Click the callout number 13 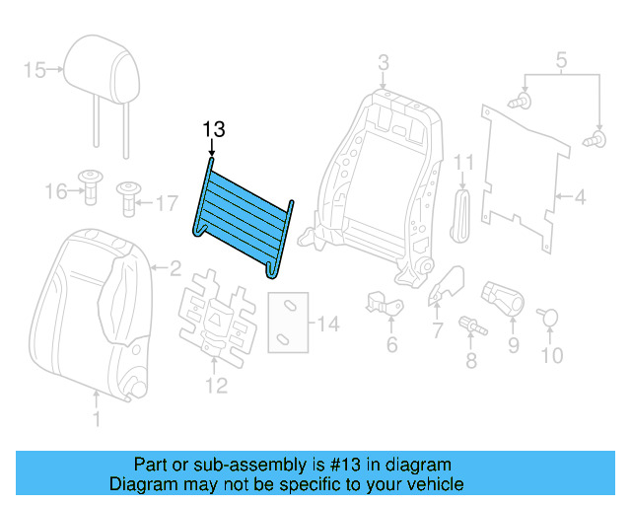pos(214,129)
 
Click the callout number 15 pos(35,69)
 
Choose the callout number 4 pos(580,198)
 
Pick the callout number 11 pos(464,161)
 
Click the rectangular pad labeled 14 pos(287,323)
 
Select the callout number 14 pos(328,324)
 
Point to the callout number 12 pos(216,385)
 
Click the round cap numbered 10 pos(550,317)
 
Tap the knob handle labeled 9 pos(501,297)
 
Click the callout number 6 pos(391,344)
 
